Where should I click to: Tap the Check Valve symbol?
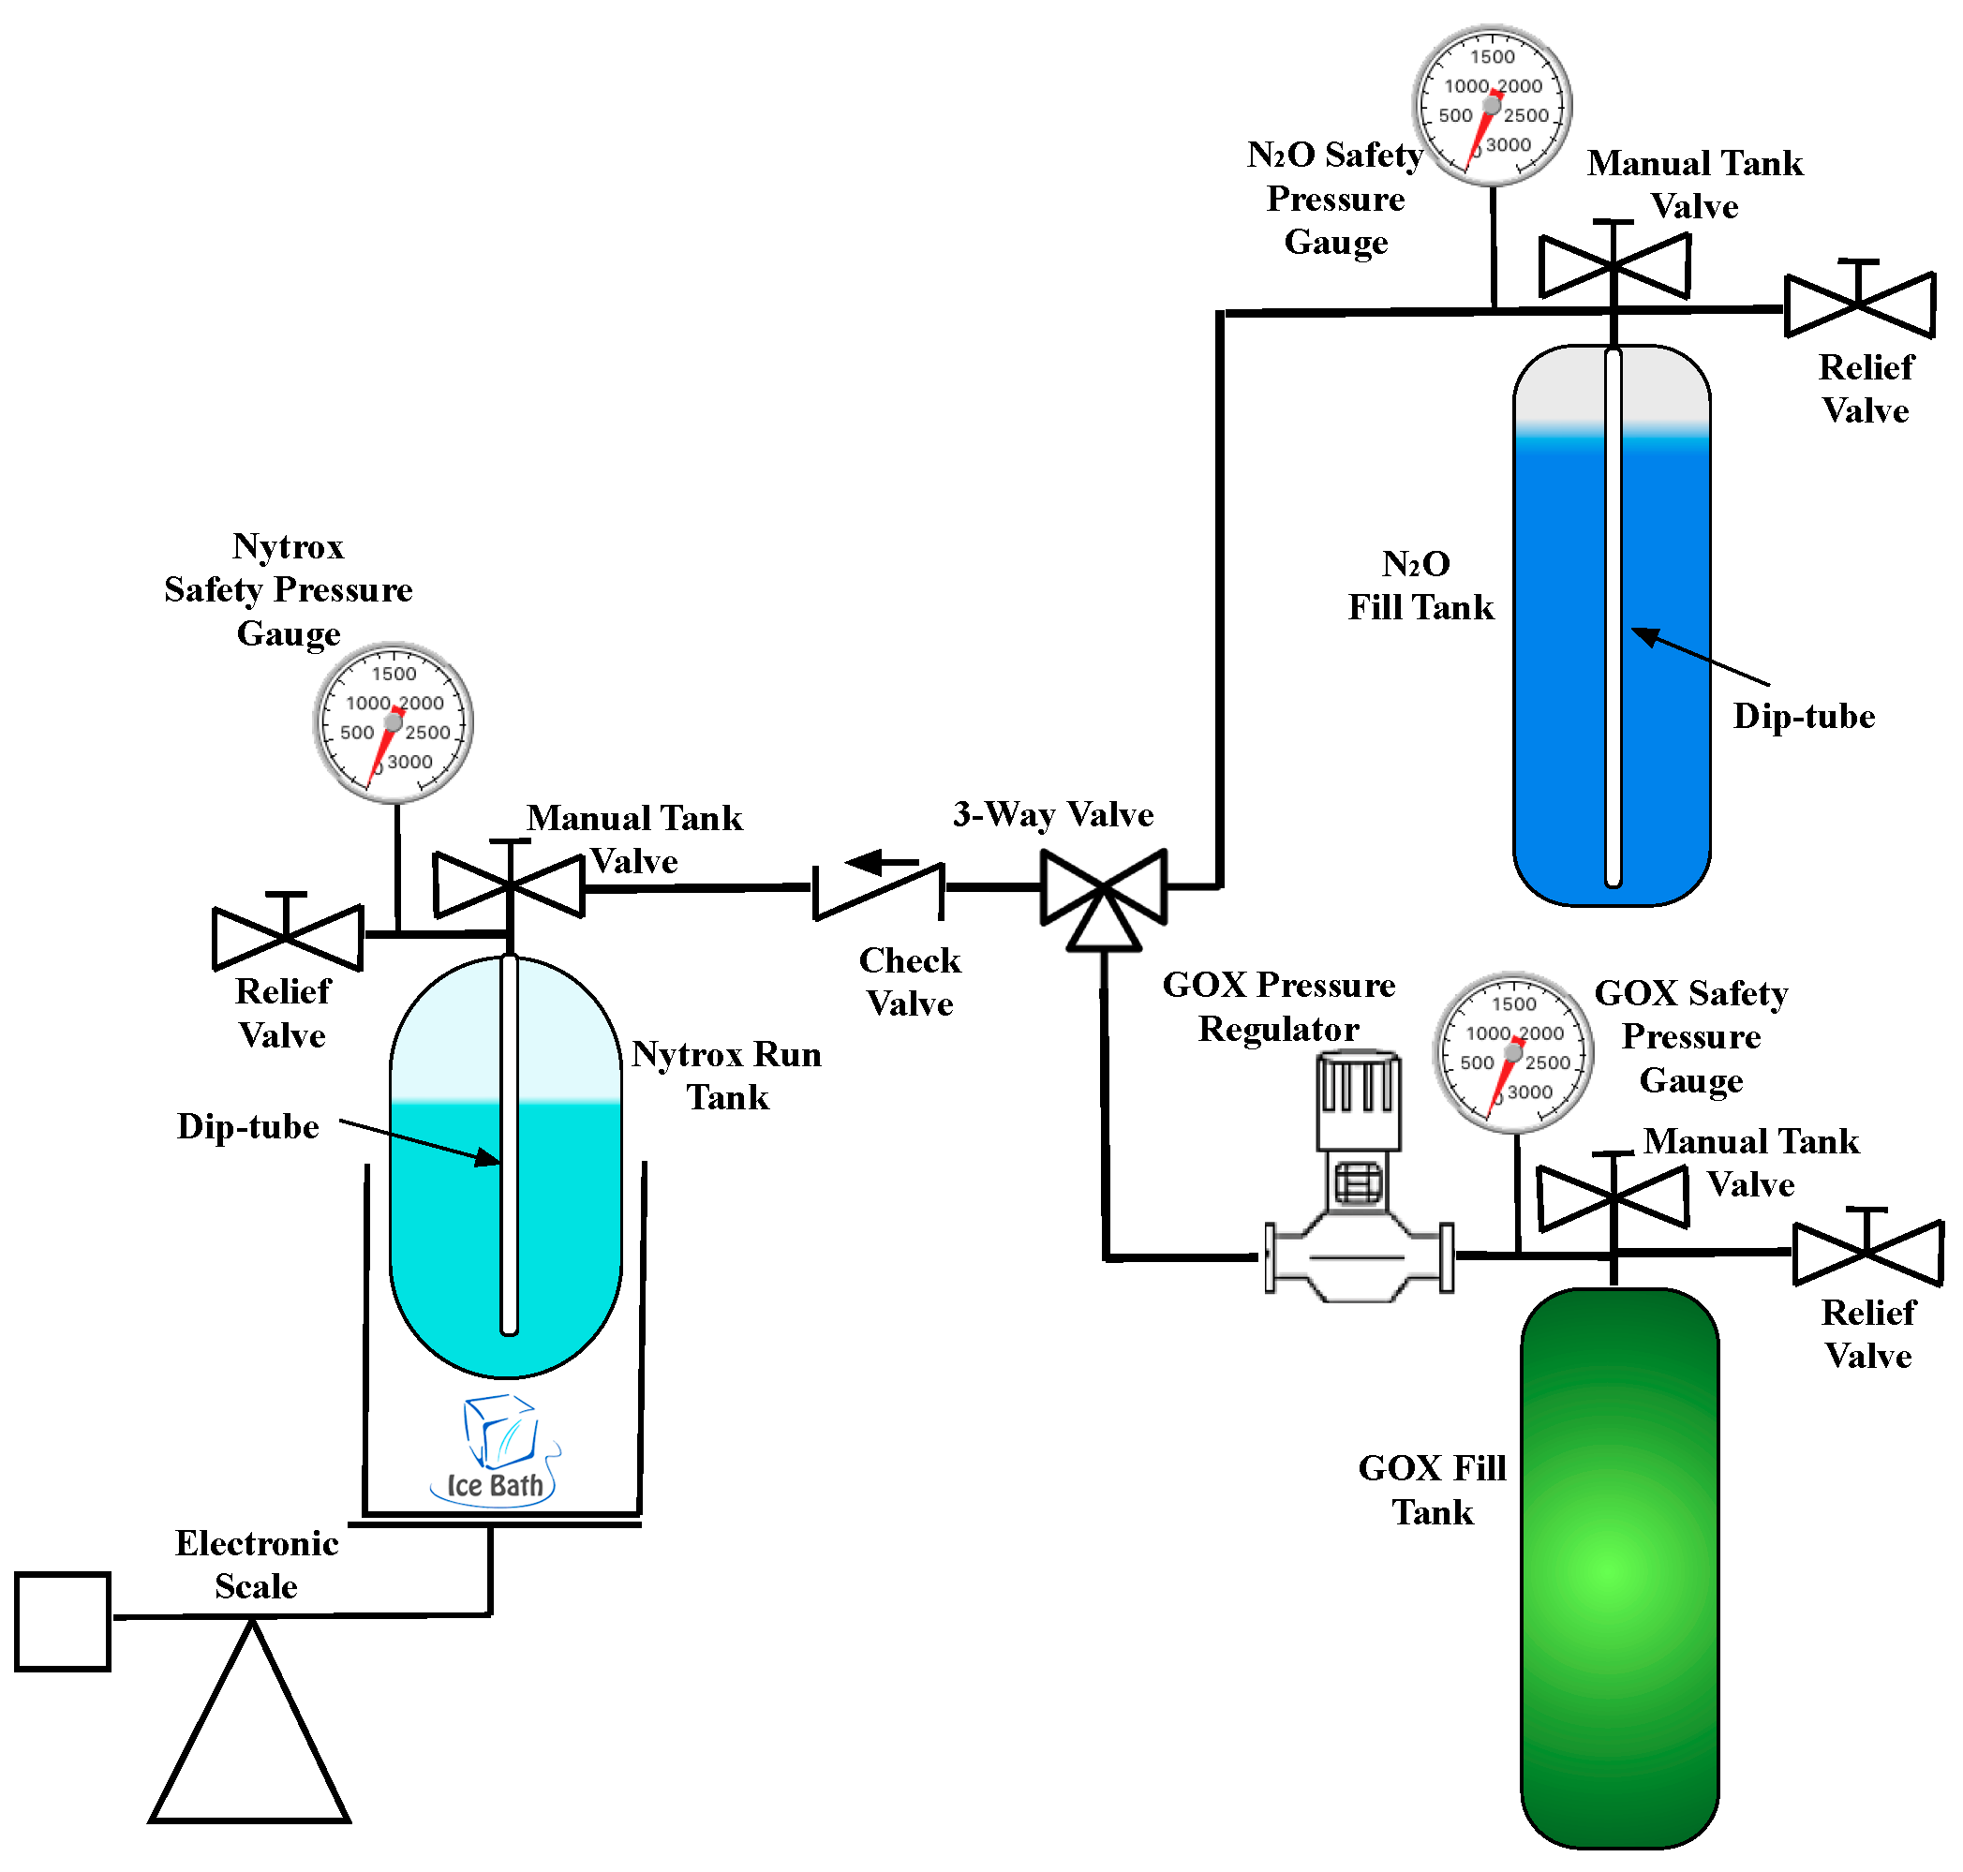(878, 891)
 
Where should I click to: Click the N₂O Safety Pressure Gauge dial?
(1492, 106)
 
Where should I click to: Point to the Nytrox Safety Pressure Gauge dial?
(394, 722)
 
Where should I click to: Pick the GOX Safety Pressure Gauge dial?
(1513, 1053)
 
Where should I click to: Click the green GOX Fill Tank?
(1620, 1567)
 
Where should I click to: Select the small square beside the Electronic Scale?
(63, 1622)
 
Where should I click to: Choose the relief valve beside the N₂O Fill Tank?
(1860, 300)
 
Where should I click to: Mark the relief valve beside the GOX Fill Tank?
(1868, 1247)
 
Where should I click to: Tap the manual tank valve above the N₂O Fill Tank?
(1614, 261)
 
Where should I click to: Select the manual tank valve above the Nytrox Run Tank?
(509, 881)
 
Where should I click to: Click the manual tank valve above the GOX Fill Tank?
(1613, 1194)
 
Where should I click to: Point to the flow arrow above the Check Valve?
(883, 861)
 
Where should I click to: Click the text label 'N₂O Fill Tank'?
(1420, 586)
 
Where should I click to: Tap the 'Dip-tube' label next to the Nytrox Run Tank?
(247, 1126)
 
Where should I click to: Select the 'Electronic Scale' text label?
(257, 1565)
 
